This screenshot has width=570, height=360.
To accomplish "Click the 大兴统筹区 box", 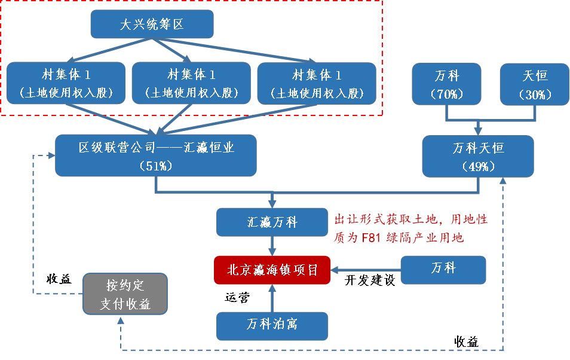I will [x=152, y=25].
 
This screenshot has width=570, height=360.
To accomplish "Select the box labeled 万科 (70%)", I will [x=446, y=84].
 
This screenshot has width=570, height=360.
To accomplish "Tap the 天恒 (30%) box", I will [x=535, y=84].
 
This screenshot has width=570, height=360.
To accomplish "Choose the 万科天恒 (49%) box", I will [x=478, y=156].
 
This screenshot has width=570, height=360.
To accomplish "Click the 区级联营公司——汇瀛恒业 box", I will [x=156, y=155].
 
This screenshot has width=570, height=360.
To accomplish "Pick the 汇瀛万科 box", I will [x=272, y=222].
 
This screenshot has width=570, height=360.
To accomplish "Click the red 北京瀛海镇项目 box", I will [x=272, y=270].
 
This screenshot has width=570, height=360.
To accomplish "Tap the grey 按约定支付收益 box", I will [x=125, y=294].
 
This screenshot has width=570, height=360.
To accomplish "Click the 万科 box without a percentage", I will [x=443, y=270].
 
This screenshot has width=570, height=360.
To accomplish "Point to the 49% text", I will [x=479, y=166].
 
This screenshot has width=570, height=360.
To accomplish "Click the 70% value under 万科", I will [x=447, y=94].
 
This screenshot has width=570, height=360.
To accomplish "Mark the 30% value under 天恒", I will [x=535, y=94].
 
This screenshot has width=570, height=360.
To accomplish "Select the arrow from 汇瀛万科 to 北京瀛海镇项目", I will [x=272, y=246].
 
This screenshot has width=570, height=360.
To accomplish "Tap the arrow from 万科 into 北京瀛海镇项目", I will [x=364, y=270].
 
